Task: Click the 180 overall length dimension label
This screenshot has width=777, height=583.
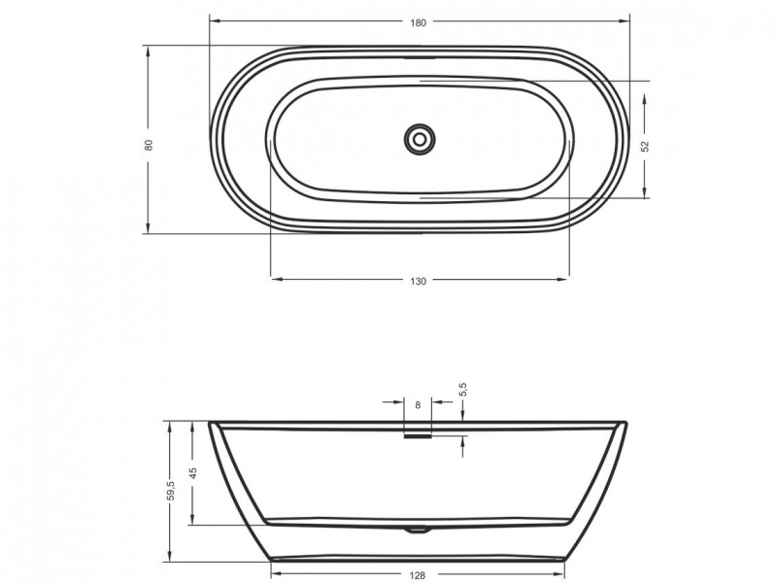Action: [419, 22]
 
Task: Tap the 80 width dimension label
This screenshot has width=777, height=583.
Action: [150, 145]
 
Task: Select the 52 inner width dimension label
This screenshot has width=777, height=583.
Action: [645, 147]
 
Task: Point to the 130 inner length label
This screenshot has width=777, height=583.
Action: [419, 281]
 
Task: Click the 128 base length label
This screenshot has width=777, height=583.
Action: [418, 575]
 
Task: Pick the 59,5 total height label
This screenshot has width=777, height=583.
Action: [172, 491]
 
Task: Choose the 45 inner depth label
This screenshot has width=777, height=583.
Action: [193, 472]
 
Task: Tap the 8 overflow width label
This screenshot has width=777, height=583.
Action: [418, 405]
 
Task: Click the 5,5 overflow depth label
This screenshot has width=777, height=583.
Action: [464, 390]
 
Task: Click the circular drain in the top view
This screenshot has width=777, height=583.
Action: [420, 139]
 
